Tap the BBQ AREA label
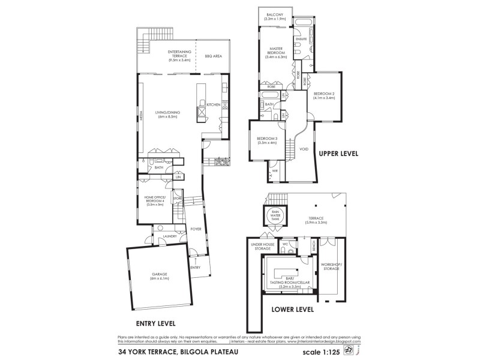pyautogui.click(x=213, y=56)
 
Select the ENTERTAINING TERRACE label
pyautogui.click(x=179, y=56)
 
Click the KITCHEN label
pyautogui.click(x=213, y=105)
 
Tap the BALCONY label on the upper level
pyautogui.click(x=275, y=18)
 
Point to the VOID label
pyautogui.click(x=304, y=149)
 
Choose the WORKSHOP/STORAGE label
pyautogui.click(x=331, y=266)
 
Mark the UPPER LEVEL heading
pyautogui.click(x=338, y=154)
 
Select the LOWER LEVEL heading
pyautogui.click(x=293, y=310)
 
